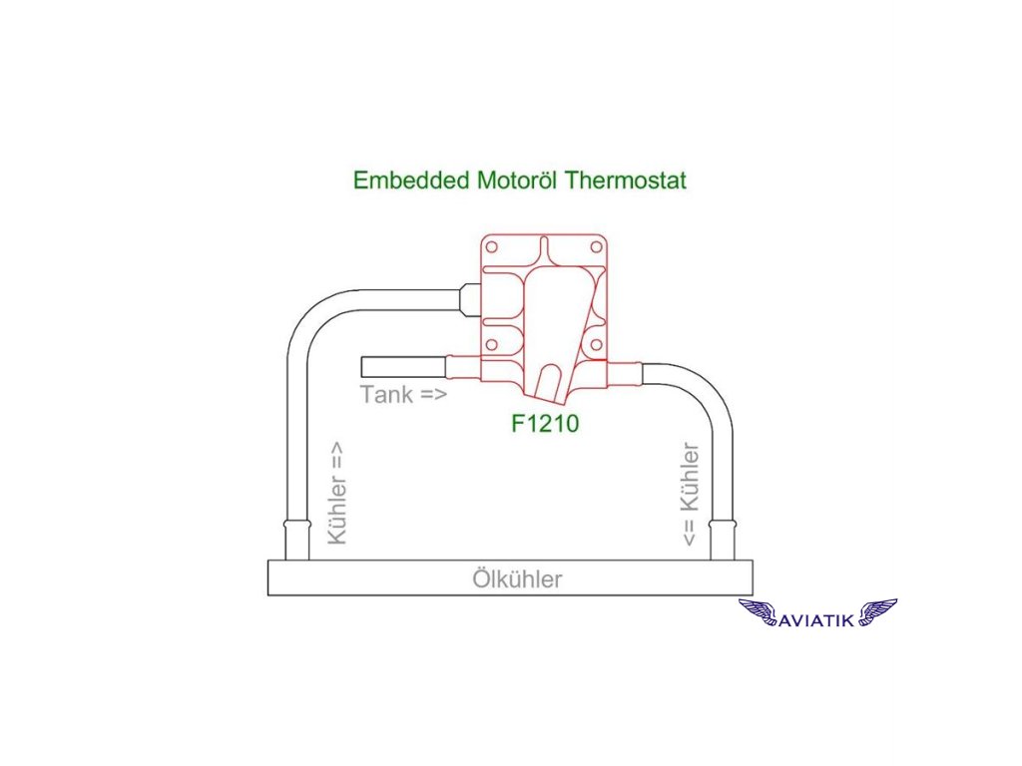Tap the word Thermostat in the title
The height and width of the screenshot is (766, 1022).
coord(625,182)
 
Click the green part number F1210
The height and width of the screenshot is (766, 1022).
coord(546,423)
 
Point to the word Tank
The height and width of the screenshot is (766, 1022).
coord(386,394)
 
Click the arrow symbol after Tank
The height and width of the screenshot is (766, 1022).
coord(432,394)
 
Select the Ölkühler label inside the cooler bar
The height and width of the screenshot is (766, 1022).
coord(517,579)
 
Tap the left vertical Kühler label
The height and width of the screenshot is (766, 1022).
coord(338,494)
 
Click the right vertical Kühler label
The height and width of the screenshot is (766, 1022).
coord(690,495)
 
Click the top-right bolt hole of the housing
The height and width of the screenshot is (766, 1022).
coord(597,244)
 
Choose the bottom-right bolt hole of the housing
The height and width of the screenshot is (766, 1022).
coord(597,345)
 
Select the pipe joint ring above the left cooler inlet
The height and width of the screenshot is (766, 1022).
coord(296,524)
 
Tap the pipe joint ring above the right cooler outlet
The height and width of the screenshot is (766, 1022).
coord(723,525)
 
